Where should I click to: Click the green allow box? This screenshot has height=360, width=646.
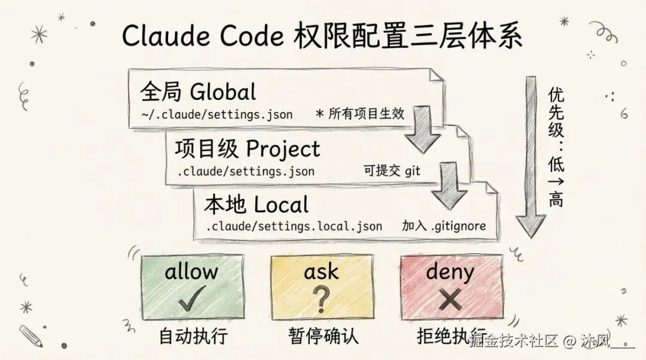click(192, 286)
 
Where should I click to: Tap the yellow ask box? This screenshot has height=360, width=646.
click(322, 286)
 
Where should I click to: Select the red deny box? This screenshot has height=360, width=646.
click(451, 286)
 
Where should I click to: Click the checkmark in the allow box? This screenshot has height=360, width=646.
click(191, 297)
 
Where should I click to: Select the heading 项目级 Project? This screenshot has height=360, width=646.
click(247, 148)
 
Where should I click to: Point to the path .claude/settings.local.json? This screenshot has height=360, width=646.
click(294, 227)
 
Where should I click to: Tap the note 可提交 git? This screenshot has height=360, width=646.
click(392, 171)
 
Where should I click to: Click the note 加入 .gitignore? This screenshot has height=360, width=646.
click(443, 227)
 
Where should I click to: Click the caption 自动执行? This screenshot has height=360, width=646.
click(193, 335)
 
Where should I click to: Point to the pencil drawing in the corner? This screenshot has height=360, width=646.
click(31, 335)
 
